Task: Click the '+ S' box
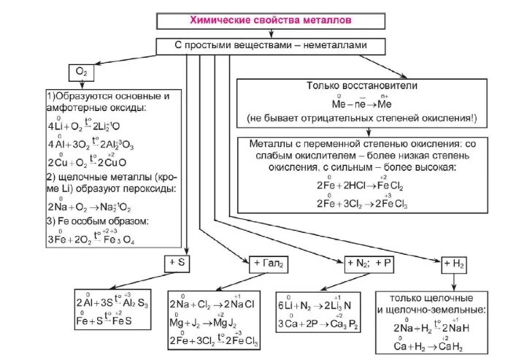[178, 261]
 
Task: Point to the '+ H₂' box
[453, 262]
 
